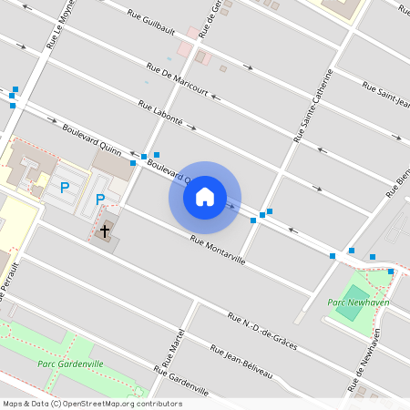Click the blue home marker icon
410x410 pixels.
[205, 197]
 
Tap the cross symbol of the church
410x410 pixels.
[105, 231]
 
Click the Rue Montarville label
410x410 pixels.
[218, 251]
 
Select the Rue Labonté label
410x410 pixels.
[161, 113]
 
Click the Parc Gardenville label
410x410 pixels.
[70, 364]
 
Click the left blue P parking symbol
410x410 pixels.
[65, 188]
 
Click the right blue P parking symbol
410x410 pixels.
[100, 199]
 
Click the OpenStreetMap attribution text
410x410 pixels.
[91, 404]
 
